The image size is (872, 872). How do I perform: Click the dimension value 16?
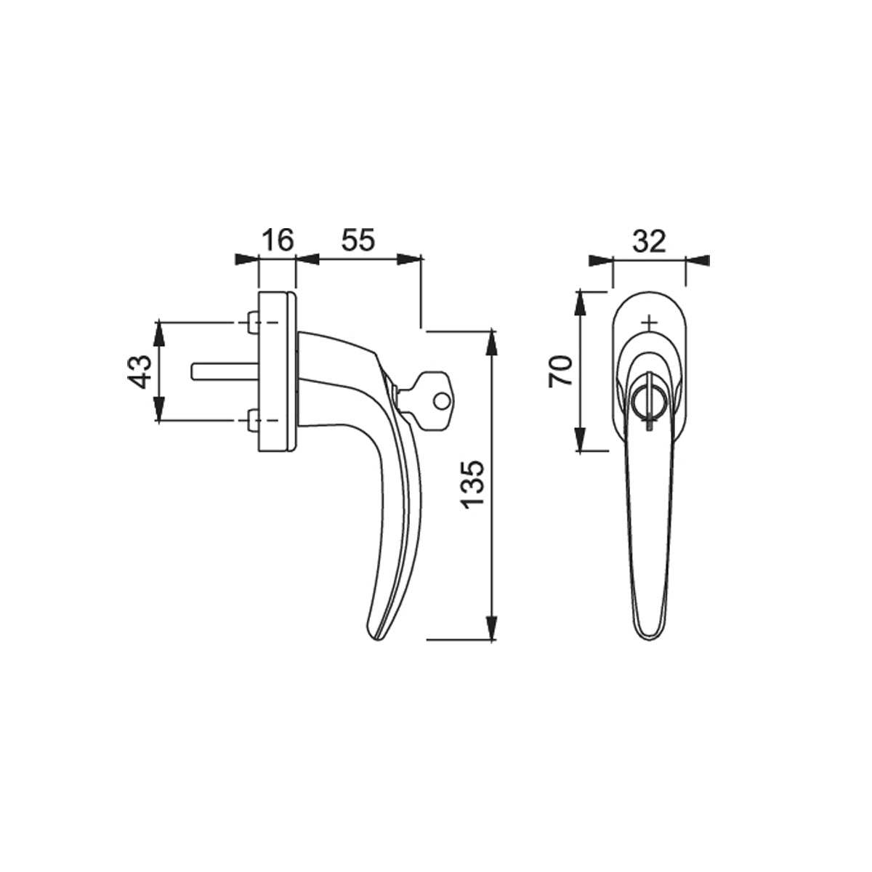[x=278, y=240]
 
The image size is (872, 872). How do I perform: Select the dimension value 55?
[x=358, y=240]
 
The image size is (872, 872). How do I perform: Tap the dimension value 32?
[x=650, y=242]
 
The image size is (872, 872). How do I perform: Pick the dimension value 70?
[x=561, y=371]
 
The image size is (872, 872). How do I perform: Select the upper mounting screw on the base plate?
[x=254, y=322]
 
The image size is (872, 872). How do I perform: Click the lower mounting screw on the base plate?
[x=254, y=421]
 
